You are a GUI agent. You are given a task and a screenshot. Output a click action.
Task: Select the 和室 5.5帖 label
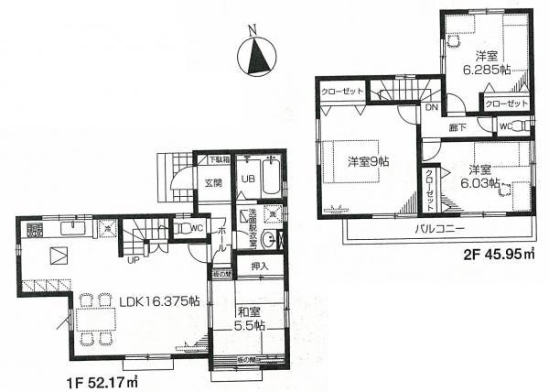click(x=247, y=317)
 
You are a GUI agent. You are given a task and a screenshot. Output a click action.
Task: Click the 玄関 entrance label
click(x=215, y=181)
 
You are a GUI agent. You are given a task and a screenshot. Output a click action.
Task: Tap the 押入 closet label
click(x=259, y=267)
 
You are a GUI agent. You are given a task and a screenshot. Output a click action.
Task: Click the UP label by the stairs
click(x=134, y=260)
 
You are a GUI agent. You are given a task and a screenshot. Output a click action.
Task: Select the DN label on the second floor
click(x=431, y=108)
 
